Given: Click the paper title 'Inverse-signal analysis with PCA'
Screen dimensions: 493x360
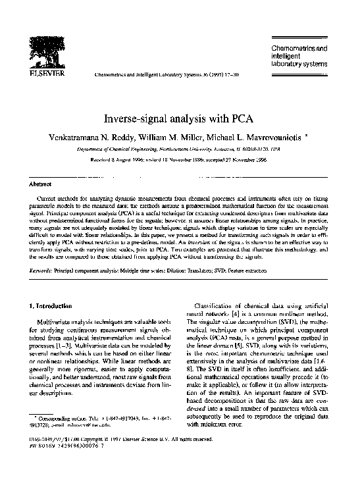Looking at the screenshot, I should tap(180, 120).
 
